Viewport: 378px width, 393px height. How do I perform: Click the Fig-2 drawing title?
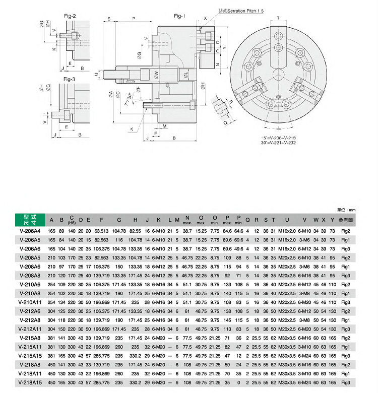click(x=70, y=16)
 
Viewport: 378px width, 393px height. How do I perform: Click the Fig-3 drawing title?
click(x=69, y=79)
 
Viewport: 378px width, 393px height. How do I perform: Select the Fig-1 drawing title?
click(x=179, y=16)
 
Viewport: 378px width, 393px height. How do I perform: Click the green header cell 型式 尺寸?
click(x=30, y=219)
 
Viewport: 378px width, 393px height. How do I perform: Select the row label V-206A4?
click(x=30, y=230)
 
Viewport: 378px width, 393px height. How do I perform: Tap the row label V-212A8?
click(x=30, y=319)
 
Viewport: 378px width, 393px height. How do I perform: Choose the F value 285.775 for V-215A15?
click(x=102, y=356)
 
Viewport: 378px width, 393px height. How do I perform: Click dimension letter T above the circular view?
click(x=277, y=18)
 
